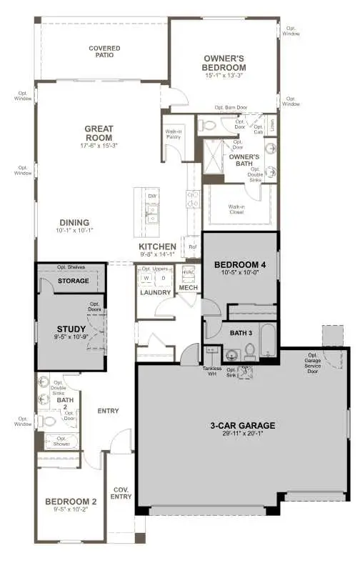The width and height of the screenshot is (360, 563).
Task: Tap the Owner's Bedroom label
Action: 224,63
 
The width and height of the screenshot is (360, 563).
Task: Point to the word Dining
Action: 74,222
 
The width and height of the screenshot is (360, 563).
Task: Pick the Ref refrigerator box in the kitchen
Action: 191,247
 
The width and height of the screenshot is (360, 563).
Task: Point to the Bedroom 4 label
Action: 240,265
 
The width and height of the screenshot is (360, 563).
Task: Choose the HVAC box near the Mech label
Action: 189,273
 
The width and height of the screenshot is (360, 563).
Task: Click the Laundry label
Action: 156,292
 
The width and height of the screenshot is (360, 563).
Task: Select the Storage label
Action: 74,281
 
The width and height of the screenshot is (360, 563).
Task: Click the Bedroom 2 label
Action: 71,502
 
